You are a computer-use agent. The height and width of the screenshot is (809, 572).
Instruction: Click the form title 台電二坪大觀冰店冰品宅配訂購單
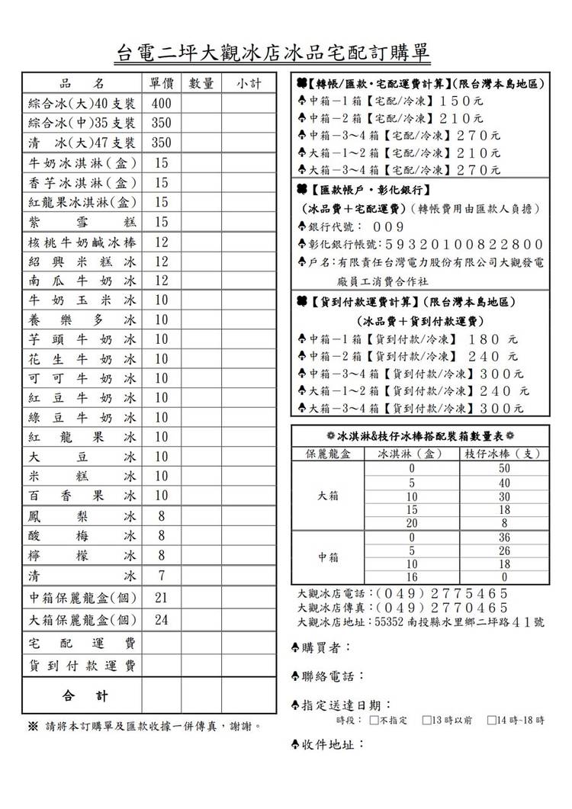[x=273, y=53]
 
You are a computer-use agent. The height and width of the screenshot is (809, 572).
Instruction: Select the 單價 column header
[x=161, y=84]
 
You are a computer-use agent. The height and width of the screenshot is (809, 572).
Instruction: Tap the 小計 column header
[x=249, y=84]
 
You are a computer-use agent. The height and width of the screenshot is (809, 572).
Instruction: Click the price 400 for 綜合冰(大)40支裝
[x=161, y=104]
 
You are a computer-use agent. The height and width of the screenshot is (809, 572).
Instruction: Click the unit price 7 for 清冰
[x=161, y=574]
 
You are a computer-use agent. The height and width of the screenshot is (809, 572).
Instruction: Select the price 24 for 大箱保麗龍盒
[x=161, y=620]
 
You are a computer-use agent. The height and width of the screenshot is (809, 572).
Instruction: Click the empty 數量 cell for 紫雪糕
[x=201, y=222]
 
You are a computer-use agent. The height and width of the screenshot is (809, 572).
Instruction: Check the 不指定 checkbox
[x=374, y=720]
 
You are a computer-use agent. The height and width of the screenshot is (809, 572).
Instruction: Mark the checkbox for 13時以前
[x=426, y=720]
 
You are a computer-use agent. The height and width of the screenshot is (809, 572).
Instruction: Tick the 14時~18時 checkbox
[x=492, y=720]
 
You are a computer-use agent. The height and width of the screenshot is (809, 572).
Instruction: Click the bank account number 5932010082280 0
[x=464, y=245]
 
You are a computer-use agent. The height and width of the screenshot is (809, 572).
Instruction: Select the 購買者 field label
[x=326, y=647]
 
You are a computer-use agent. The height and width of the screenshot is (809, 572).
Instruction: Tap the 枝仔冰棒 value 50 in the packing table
[x=503, y=468]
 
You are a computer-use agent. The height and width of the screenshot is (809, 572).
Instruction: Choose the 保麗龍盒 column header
[x=327, y=454]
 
